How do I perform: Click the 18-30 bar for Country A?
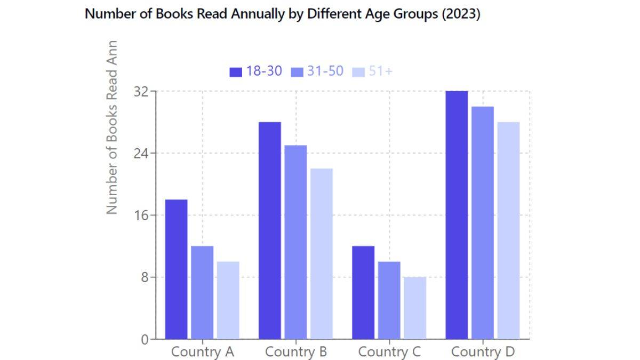176,269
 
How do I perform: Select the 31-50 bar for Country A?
202,292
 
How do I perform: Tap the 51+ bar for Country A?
228,300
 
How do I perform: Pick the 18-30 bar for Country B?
270,230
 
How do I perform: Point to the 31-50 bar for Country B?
296,242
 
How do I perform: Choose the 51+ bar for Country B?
322,254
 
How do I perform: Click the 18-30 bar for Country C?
363,292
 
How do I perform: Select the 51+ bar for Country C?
415,308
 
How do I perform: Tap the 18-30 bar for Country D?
457,215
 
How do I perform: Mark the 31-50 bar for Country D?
483,223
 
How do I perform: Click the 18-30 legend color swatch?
236,72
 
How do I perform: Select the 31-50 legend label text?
325,71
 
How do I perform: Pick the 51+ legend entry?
373,71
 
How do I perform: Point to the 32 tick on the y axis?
140,91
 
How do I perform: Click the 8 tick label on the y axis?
144,277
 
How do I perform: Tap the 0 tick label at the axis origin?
145,340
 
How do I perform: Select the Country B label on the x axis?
296,352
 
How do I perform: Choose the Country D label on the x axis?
483,352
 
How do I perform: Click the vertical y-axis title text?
111,128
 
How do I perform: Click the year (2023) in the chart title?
460,14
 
